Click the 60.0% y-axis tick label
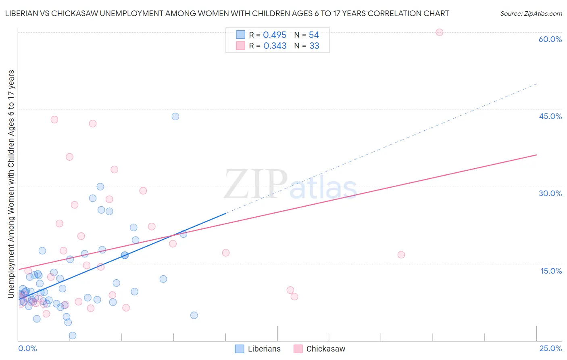pyautogui.click(x=550, y=39)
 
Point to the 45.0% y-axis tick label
pyautogui.click(x=550, y=116)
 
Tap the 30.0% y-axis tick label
pyautogui.click(x=550, y=193)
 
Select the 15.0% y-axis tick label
pyautogui.click(x=551, y=271)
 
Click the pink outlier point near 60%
pyautogui.click(x=440, y=32)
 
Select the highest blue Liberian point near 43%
pyautogui.click(x=175, y=117)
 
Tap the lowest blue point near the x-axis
pyautogui.click(x=73, y=335)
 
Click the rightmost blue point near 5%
pyautogui.click(x=194, y=315)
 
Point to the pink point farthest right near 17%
pyautogui.click(x=401, y=255)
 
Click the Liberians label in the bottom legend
pyautogui.click(x=264, y=349)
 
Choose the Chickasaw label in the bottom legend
pyautogui.click(x=325, y=349)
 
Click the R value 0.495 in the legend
pyautogui.click(x=275, y=35)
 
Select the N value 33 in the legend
pyautogui.click(x=314, y=46)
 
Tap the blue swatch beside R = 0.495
pyautogui.click(x=241, y=35)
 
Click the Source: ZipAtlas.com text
pyautogui.click(x=531, y=14)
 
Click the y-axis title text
pyautogui.click(x=11, y=184)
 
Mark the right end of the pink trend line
pyautogui.click(x=536, y=155)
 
